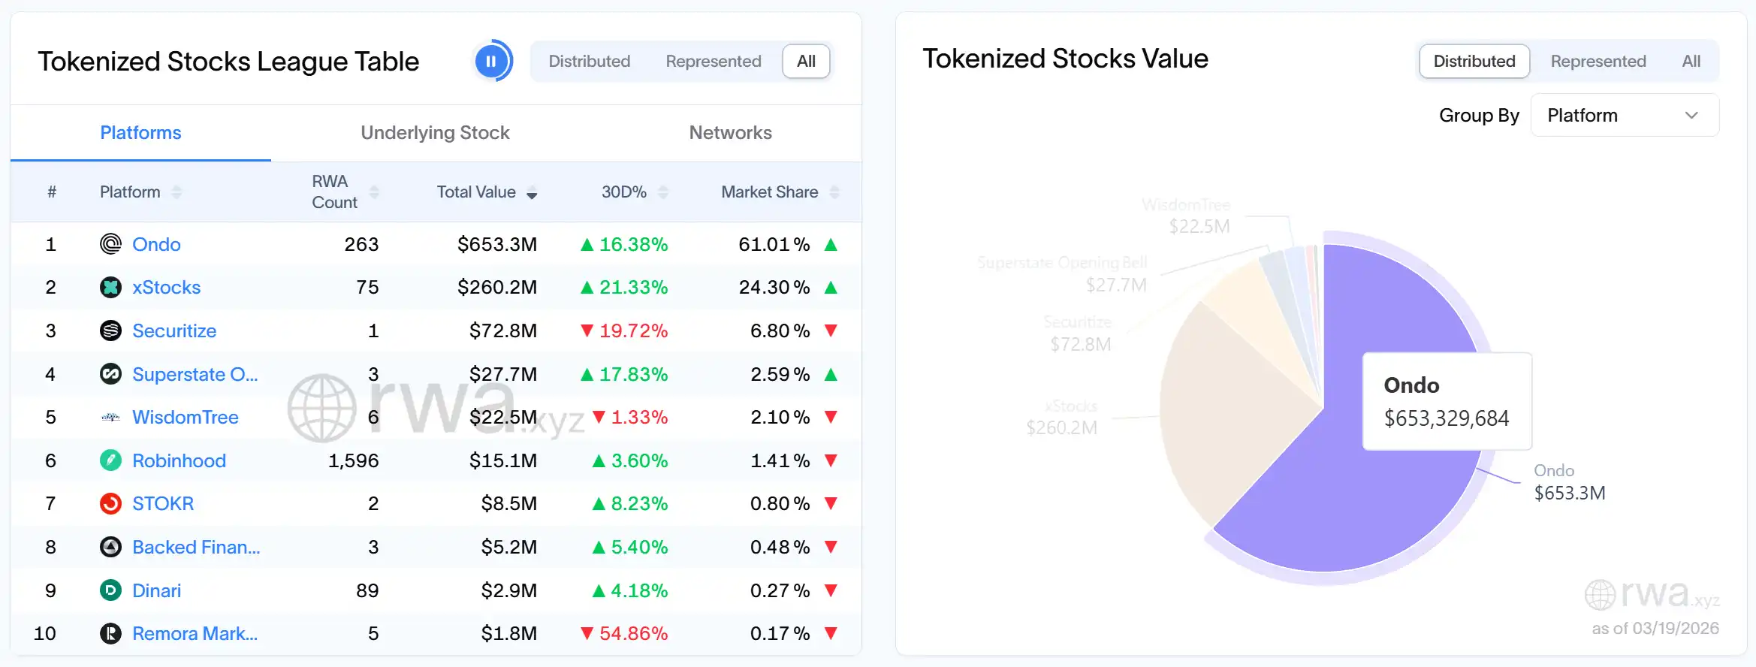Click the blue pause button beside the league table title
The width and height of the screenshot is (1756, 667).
point(492,61)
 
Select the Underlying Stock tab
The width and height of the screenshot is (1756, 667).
point(435,133)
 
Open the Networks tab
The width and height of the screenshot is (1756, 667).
point(730,133)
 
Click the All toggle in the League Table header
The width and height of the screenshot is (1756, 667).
point(806,61)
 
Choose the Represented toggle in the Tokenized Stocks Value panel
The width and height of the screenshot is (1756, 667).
point(1598,61)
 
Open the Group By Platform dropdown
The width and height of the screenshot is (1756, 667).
point(1624,115)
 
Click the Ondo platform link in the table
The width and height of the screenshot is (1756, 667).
point(156,244)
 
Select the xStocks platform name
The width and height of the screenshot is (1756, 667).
point(166,288)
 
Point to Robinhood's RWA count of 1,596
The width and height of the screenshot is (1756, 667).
point(353,460)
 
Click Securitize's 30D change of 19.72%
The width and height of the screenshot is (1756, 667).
point(632,330)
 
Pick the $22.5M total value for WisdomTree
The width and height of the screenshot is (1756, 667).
point(502,417)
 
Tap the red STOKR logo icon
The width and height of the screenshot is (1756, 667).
point(110,503)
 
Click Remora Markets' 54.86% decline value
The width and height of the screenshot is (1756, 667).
point(632,633)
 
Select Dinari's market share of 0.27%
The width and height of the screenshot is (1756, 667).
point(780,590)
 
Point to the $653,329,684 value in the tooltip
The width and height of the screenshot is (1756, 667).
point(1446,418)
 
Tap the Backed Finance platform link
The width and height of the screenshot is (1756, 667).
point(195,547)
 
